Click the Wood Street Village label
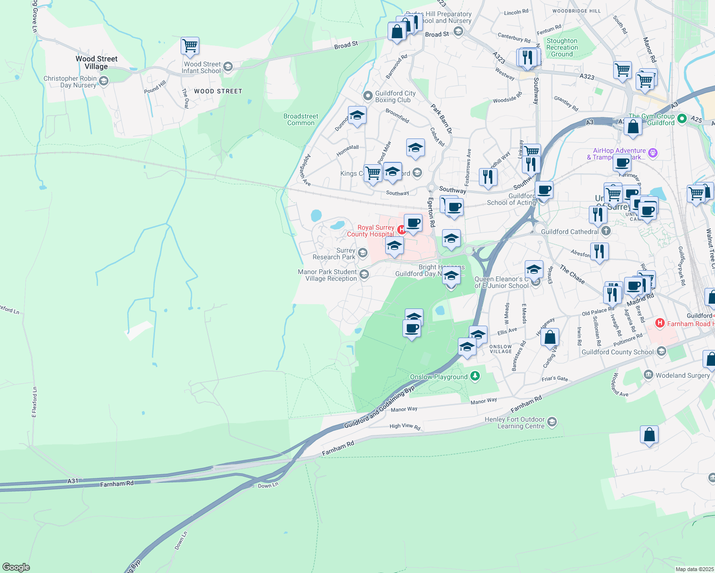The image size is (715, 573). coord(96,63)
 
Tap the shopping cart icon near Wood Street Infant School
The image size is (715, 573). coord(190,46)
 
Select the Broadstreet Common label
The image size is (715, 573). coord(301,119)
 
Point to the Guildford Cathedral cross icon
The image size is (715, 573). coord(606,232)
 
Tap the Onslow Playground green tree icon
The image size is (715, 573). coord(475,376)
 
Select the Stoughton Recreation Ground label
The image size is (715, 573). coord(562,48)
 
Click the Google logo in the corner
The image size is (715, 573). coord(16,567)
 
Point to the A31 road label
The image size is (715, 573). coord(73,481)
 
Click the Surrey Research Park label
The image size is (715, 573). coord(334,254)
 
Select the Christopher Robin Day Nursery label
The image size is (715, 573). coord(70,82)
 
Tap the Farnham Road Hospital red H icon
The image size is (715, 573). coord(660,323)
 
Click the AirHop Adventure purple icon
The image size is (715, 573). coord(653,153)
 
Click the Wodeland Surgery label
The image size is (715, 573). coord(682,375)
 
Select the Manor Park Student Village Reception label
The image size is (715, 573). coord(327,275)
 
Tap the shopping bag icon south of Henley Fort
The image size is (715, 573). coord(649,435)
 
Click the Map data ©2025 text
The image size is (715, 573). coord(693,569)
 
